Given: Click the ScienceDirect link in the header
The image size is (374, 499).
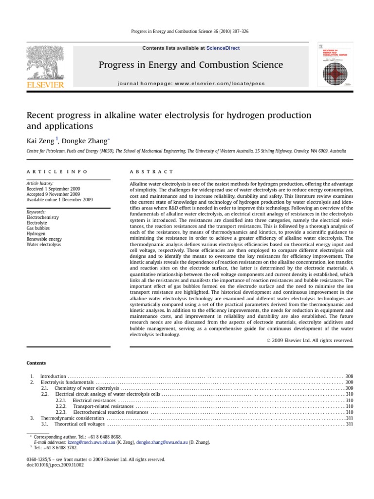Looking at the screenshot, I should click(223, 48).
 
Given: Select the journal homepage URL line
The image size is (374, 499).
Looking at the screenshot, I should click(191, 83).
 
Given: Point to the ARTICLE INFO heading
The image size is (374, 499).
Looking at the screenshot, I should click(57, 172).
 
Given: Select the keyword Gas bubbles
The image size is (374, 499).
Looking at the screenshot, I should click(38, 228).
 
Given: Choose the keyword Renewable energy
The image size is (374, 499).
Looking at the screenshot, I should click(44, 239).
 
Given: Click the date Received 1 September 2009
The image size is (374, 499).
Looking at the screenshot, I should click(54, 189).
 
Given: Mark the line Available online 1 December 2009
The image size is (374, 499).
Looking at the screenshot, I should click(59, 199).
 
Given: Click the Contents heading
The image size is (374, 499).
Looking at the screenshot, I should click(36, 363).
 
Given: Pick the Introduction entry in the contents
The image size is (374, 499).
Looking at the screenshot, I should click(53, 377).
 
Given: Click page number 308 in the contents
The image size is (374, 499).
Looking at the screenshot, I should click(349, 377).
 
